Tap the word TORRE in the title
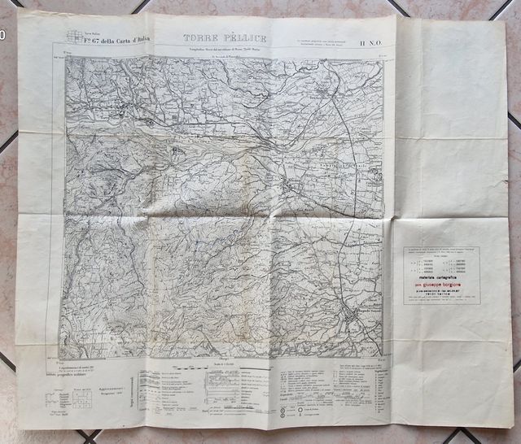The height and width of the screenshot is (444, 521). pos(189,38)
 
